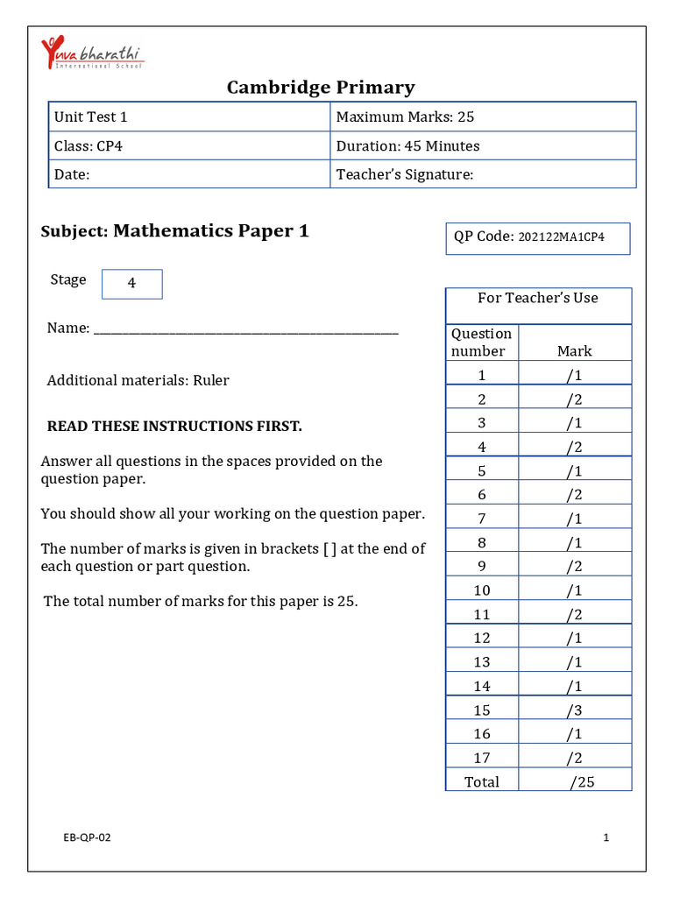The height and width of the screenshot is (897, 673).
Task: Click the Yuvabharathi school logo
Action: (91, 53)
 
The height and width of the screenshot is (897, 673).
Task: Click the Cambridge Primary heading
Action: (321, 87)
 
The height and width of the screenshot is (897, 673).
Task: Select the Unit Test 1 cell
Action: (189, 117)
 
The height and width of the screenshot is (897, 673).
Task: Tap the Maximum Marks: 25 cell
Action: (484, 117)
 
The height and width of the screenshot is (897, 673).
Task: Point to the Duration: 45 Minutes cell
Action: (484, 145)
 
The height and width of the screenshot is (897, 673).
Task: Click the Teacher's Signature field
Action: (484, 174)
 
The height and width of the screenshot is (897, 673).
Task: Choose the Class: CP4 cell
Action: (189, 145)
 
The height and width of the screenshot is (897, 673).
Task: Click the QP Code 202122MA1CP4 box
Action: (537, 237)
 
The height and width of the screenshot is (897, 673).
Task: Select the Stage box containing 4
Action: (132, 284)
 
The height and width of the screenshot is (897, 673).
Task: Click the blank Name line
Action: (245, 330)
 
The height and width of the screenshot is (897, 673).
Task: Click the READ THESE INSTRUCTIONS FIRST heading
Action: (174, 426)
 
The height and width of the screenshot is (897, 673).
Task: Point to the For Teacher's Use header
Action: (537, 298)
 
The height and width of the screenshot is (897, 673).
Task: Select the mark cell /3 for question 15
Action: (574, 710)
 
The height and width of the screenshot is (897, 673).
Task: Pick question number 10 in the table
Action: (481, 590)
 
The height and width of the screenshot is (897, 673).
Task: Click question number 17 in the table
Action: (481, 758)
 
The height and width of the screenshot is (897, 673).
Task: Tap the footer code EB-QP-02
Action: (87, 837)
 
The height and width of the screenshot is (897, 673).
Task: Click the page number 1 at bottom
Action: (606, 837)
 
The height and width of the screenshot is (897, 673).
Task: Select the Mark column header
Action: (574, 350)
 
